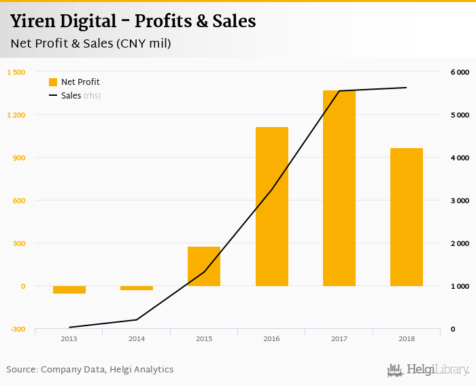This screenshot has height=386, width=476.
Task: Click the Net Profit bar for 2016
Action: click(x=271, y=207)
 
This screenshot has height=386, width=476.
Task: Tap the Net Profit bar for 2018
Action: click(x=406, y=217)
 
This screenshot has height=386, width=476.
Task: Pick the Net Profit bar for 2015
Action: click(x=204, y=266)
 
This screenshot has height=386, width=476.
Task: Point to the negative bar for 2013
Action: click(x=69, y=290)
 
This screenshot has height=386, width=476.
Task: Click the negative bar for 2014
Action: click(x=137, y=288)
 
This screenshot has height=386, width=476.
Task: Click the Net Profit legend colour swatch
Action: click(x=53, y=82)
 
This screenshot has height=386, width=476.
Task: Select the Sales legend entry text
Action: click(x=71, y=96)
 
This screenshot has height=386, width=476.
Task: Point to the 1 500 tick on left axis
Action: click(x=16, y=72)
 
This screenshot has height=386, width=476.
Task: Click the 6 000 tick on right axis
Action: click(x=460, y=72)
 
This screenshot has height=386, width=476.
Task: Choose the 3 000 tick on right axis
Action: click(x=460, y=200)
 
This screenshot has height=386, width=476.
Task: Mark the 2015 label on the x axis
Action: click(x=204, y=338)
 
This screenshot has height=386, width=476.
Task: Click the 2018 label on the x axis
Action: click(x=406, y=338)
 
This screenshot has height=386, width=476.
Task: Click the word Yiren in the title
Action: click(x=31, y=21)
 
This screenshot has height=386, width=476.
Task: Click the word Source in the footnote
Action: click(x=21, y=370)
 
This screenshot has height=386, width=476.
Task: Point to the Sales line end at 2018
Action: click(x=407, y=88)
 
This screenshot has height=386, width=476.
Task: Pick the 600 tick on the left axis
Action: click(x=17, y=200)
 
